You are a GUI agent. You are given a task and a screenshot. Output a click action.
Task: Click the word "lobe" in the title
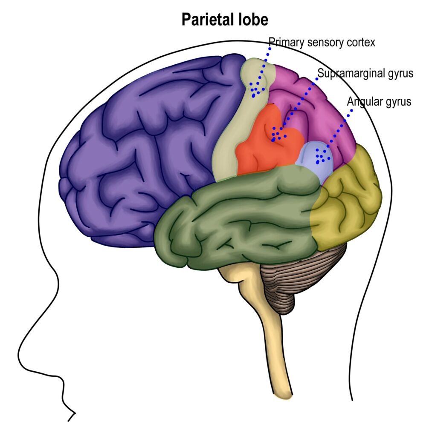[x=255, y=20]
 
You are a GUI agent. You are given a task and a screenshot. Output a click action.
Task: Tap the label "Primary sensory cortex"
[x=322, y=43]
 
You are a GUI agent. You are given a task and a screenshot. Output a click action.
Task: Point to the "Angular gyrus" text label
[x=379, y=102]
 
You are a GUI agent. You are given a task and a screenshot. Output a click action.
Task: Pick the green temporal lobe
[x=239, y=217]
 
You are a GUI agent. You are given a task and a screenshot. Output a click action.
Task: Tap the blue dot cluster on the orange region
[x=278, y=135]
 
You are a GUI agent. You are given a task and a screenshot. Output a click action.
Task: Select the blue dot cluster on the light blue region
[x=322, y=156]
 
